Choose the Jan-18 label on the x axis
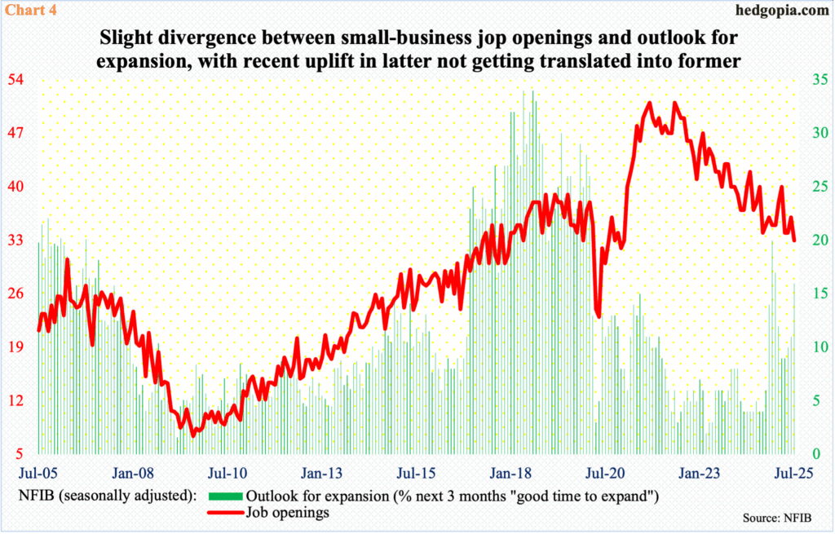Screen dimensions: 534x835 512,472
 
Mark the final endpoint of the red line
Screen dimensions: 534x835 794,240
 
